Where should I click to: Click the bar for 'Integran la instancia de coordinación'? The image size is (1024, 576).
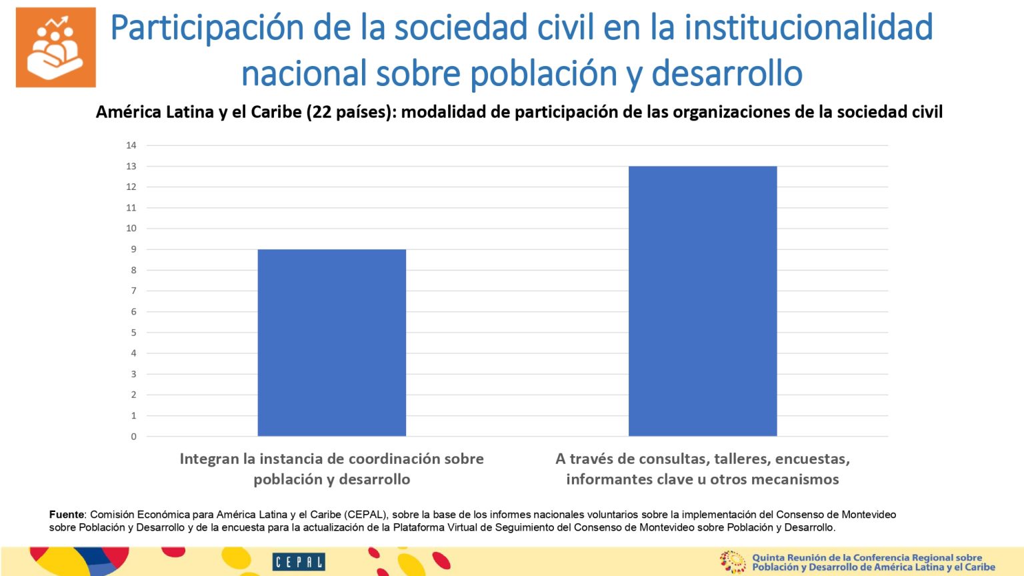331,343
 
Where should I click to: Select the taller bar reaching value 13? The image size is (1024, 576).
702,301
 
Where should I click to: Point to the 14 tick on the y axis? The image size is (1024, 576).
131,145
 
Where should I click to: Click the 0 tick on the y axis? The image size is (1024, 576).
133,437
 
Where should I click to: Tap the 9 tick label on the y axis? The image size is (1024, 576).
133,249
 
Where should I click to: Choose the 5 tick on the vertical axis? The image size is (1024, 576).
133,333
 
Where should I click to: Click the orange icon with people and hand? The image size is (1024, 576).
56,47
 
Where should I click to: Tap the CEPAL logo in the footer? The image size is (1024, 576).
298,562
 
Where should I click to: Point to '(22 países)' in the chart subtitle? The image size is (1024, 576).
351,112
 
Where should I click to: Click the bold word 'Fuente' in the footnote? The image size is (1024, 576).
67,515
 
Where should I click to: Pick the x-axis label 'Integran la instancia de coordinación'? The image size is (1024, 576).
331,469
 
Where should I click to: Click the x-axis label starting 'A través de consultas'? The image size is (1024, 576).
702,469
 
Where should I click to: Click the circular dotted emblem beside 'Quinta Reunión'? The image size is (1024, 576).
732,562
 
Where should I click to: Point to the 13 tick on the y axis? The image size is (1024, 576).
131,166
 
